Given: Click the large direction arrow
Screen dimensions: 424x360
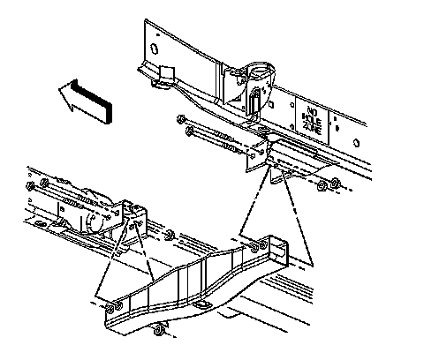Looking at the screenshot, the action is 86,101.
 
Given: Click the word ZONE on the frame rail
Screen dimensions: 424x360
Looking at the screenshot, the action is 312,129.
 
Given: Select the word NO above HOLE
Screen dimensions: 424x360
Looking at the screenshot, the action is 311,111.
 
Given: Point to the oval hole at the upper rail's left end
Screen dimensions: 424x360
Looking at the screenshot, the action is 154,49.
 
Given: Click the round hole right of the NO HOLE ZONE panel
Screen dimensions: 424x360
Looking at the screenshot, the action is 356,143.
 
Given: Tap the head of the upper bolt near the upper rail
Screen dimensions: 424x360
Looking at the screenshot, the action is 180,119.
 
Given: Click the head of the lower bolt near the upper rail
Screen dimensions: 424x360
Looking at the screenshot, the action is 189,131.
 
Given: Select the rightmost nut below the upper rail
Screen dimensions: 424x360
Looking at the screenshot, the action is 335,184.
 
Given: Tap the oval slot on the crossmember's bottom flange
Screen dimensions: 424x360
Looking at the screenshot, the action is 201,304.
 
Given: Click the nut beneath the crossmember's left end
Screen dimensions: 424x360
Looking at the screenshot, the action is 160,330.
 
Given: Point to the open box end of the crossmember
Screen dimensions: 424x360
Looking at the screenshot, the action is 278,251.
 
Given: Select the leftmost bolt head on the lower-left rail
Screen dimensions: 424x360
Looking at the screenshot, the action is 30,186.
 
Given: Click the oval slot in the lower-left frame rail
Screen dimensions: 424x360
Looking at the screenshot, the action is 39,223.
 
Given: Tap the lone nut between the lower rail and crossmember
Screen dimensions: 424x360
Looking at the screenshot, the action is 170,235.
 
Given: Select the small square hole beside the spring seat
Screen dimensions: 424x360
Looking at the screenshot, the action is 271,104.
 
